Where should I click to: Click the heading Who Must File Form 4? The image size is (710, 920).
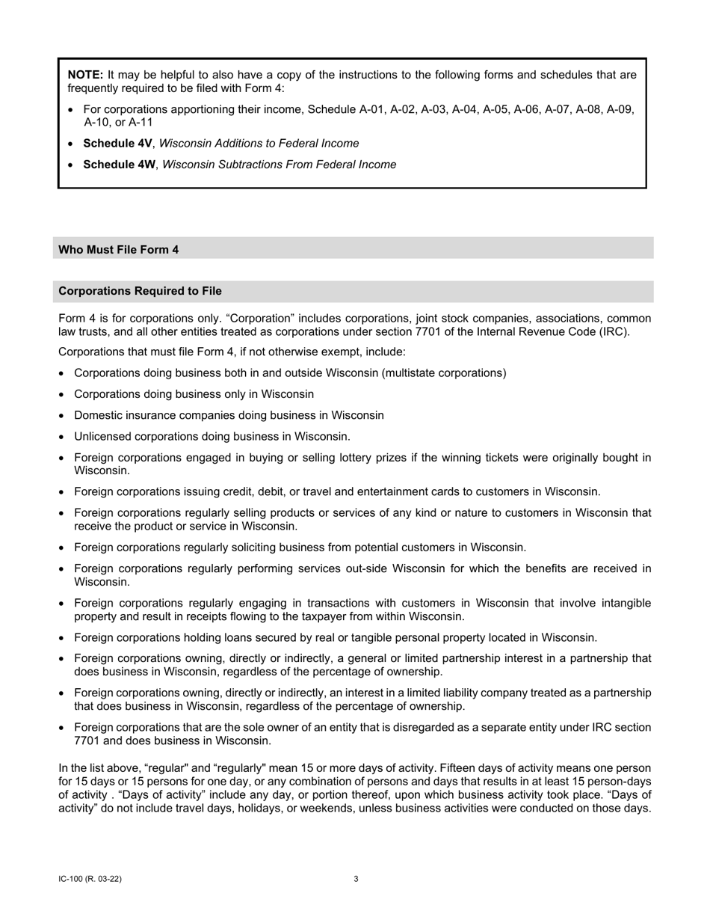pyautogui.click(x=118, y=249)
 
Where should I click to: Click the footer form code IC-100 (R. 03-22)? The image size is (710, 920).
pyautogui.click(x=90, y=879)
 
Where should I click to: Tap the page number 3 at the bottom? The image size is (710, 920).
pyautogui.click(x=356, y=879)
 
